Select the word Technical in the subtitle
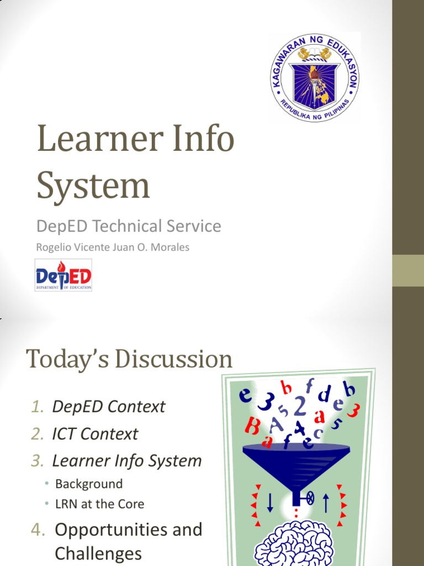130,226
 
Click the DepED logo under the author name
63,275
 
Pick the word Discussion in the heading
173,359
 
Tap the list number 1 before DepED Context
37,407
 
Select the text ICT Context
95,434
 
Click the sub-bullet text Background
89,484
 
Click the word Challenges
98,553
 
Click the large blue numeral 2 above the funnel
300,407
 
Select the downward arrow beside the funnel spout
270,502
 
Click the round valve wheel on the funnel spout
310,499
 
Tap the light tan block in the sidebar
408,271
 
